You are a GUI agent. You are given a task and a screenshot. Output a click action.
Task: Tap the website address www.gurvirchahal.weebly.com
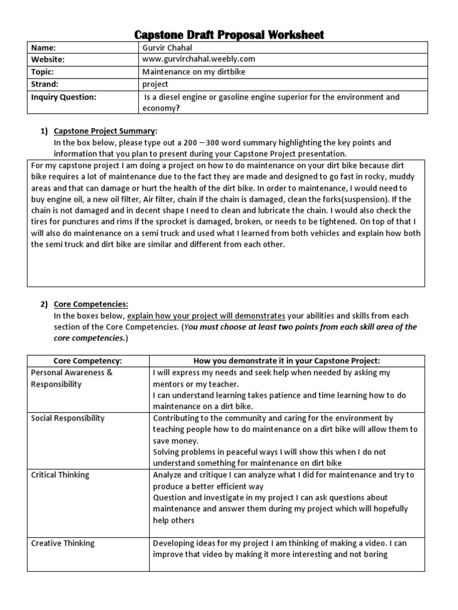(x=199, y=60)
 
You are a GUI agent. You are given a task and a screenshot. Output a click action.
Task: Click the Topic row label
(x=44, y=72)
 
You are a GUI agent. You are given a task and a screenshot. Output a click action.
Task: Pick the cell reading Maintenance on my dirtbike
(x=194, y=72)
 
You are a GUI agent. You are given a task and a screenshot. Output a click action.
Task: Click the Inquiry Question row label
(x=63, y=97)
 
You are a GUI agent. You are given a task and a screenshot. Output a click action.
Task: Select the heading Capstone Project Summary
(x=106, y=131)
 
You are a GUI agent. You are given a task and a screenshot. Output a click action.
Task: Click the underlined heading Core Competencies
(x=91, y=304)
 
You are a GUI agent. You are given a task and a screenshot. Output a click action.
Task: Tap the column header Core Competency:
(x=88, y=361)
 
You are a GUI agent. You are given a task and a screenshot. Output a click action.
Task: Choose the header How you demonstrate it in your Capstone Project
(x=286, y=361)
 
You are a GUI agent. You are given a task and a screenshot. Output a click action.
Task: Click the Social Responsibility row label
(x=67, y=418)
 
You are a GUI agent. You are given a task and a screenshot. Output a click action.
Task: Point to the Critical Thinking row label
(x=60, y=475)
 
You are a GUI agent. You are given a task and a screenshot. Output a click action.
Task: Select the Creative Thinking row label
(x=63, y=543)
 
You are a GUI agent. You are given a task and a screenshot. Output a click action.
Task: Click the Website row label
(x=48, y=60)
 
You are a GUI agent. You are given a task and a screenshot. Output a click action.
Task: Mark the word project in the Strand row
(x=155, y=84)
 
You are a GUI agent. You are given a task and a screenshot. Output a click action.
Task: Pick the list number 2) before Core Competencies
(x=44, y=304)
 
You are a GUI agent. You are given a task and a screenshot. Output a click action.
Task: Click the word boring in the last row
(x=375, y=554)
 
